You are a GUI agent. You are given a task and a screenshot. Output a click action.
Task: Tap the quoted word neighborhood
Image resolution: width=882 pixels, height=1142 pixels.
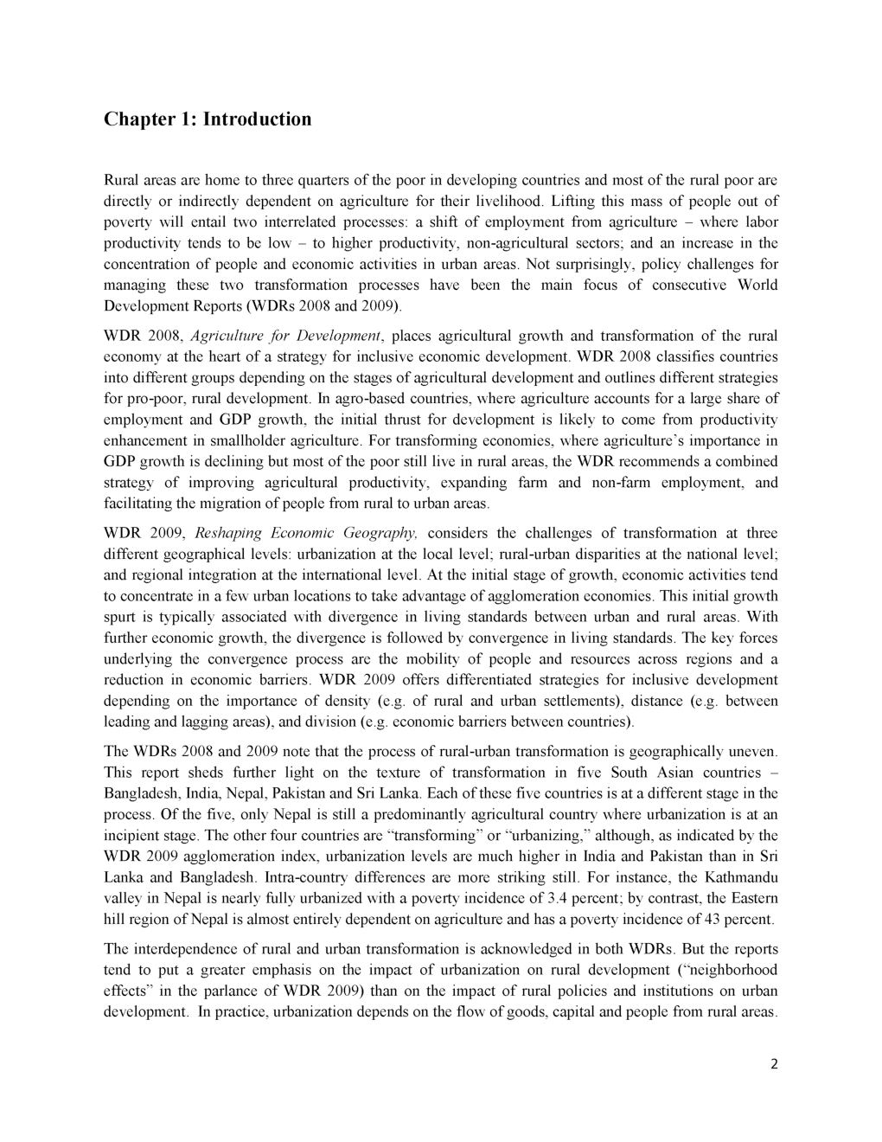(x=725, y=970)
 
